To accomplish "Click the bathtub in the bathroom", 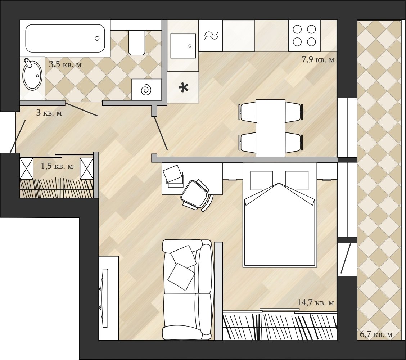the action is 65,38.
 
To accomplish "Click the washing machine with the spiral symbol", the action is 146,90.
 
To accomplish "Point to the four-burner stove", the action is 304,36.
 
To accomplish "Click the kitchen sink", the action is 183,46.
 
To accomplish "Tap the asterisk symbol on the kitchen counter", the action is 184,88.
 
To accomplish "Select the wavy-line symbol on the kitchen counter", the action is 211,36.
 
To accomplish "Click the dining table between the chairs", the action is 271,128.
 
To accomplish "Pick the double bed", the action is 280,215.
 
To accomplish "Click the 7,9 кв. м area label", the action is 318,60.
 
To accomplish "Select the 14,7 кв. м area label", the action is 316,302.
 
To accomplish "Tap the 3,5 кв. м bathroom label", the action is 65,64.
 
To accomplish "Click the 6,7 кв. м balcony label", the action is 376,334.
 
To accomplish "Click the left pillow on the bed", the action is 262,180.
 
